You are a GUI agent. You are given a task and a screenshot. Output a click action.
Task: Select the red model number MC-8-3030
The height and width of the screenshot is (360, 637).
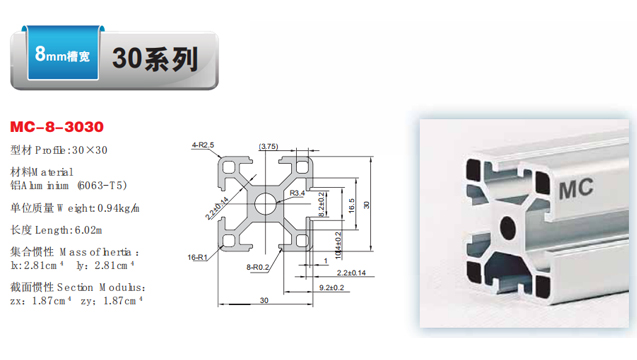pos(57,128)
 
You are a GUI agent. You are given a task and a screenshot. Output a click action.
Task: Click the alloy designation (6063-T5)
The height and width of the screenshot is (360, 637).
pos(101,185)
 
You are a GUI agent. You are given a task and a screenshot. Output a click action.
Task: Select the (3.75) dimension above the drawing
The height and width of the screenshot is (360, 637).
pos(268,146)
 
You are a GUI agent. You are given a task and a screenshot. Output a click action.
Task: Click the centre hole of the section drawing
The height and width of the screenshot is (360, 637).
pos(263,203)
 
